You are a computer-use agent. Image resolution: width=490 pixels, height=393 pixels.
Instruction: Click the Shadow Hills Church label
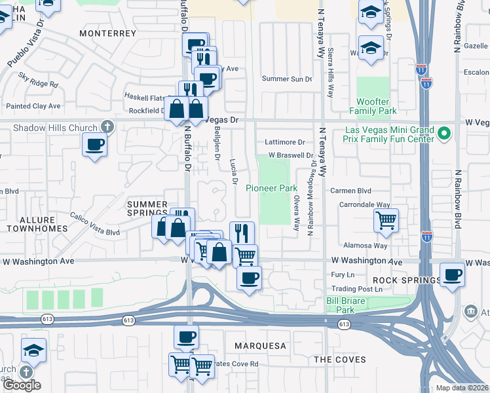[x=54, y=128]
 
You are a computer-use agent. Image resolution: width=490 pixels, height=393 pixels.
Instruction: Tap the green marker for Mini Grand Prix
[x=445, y=134]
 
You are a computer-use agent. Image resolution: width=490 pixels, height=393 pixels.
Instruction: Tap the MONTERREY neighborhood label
[x=107, y=33]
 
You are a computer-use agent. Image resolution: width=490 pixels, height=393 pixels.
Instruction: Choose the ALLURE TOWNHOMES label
[x=37, y=223]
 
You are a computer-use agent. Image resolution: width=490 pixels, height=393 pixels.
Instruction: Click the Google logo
[x=21, y=385]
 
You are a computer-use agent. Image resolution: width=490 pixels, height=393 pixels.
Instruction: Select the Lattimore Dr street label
[x=285, y=142]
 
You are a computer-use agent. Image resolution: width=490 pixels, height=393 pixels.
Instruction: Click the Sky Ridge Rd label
[x=38, y=80]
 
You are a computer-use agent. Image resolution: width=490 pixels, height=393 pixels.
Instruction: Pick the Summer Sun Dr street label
[x=287, y=79]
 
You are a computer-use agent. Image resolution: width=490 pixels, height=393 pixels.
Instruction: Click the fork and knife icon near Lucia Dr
[x=242, y=233]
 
